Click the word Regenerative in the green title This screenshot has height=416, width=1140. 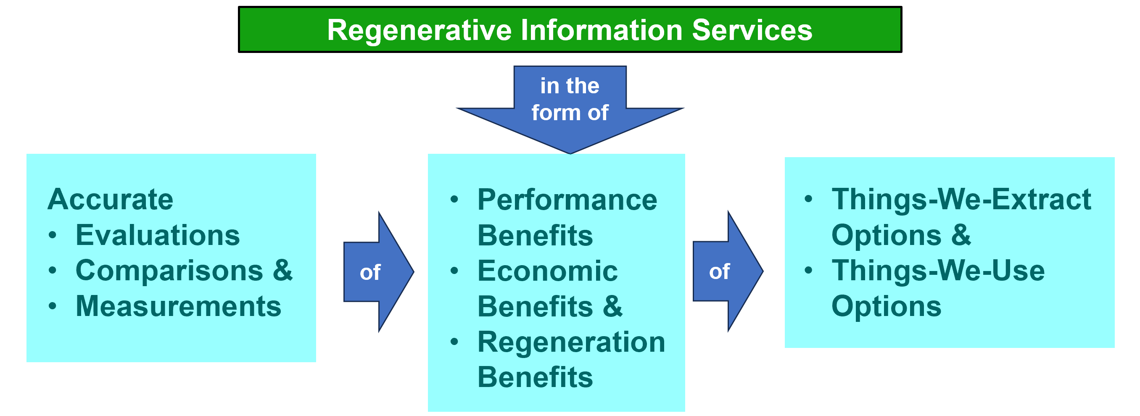tap(419, 30)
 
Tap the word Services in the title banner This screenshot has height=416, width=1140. tap(752, 30)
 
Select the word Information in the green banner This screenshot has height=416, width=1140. tap(602, 30)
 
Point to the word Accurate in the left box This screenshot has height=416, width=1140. tap(110, 199)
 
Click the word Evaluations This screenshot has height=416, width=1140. tap(158, 235)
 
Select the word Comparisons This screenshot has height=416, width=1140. tap(169, 271)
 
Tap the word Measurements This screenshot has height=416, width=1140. tap(178, 306)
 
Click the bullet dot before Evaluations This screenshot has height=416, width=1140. tap(53, 235)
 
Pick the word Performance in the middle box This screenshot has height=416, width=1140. tap(567, 200)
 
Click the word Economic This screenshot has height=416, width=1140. tap(547, 271)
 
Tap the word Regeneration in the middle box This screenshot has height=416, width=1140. tap(571, 342)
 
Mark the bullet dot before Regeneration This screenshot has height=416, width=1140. tap(454, 342)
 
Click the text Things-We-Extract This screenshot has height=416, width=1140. tap(961, 199)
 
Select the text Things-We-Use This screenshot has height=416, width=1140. tap(938, 271)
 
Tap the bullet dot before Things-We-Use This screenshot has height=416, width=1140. tap(808, 271)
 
